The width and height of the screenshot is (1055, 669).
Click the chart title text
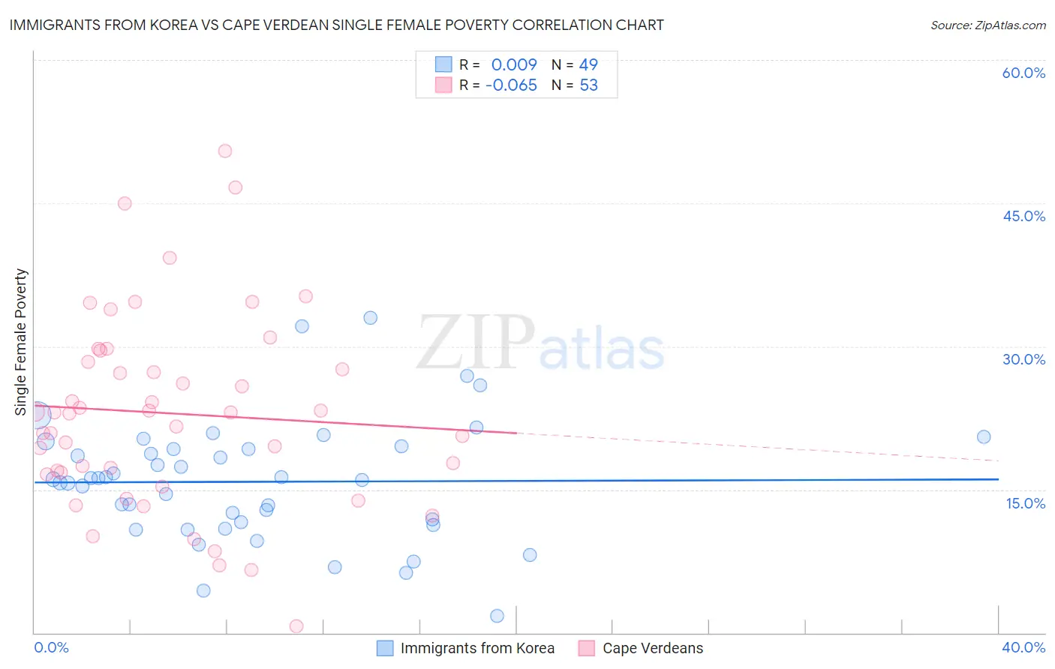tap(336, 25)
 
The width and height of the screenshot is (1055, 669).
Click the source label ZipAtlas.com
tap(987, 25)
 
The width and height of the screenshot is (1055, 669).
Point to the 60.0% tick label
tap(1023, 73)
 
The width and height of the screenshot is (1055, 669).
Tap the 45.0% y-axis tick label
tap(1023, 216)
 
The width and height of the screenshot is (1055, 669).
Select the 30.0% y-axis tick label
tap(1023, 359)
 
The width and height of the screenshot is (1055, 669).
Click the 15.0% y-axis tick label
tap(1025, 503)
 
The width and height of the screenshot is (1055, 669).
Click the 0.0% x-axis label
tap(51, 647)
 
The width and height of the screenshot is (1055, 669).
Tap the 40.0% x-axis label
tap(1023, 647)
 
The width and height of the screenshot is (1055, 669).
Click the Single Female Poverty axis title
tap(21, 342)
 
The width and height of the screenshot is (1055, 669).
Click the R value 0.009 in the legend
tap(514, 64)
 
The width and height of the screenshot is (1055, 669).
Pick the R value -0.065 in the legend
tap(512, 85)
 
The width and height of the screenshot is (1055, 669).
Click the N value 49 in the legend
tap(588, 64)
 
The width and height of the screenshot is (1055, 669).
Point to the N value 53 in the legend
tap(588, 85)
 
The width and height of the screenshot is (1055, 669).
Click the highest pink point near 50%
tap(225, 151)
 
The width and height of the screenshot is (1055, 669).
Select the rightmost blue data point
tap(984, 436)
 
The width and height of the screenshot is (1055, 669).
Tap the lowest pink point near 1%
tap(296, 626)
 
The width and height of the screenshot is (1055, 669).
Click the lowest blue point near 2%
tap(497, 616)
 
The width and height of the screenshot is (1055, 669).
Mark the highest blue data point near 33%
tap(371, 318)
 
